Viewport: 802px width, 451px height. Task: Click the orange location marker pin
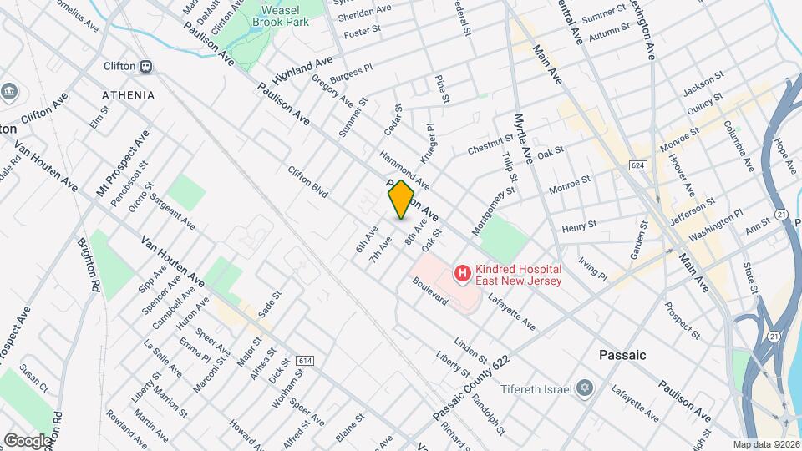coord(401,200)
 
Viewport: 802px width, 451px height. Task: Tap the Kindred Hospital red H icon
coord(460,273)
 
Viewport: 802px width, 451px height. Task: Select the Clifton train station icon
coord(145,66)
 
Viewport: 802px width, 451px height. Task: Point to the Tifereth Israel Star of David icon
coord(585,390)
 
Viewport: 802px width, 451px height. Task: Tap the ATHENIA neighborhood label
coord(129,95)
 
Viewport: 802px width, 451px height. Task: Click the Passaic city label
coord(622,355)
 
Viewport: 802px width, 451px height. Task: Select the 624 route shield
coord(639,165)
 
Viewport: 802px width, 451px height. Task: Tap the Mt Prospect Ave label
coord(123,163)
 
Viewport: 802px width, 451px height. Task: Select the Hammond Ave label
coord(404,169)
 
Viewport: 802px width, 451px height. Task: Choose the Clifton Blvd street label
coord(307,182)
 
